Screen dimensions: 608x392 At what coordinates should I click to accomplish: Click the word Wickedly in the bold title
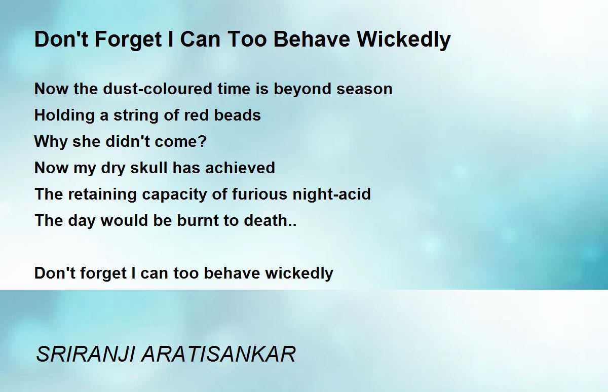(x=404, y=40)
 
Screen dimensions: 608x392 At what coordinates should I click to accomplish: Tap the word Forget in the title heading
(x=128, y=40)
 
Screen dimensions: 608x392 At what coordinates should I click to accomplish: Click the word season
(x=364, y=89)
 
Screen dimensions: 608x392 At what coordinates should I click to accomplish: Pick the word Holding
(x=64, y=115)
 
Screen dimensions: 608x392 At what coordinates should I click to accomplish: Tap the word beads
(x=237, y=115)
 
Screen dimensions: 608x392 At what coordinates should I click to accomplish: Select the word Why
(x=51, y=142)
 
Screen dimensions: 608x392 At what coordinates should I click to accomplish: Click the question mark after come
(x=202, y=141)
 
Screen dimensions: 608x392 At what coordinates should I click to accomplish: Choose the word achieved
(x=240, y=168)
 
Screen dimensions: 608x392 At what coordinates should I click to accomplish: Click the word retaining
(x=102, y=194)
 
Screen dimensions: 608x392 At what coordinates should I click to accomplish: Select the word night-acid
(x=331, y=194)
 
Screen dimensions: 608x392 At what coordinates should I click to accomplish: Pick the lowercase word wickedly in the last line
(x=299, y=273)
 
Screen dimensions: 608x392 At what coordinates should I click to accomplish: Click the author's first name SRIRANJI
(x=86, y=355)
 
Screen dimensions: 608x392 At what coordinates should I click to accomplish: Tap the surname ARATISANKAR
(x=218, y=355)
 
